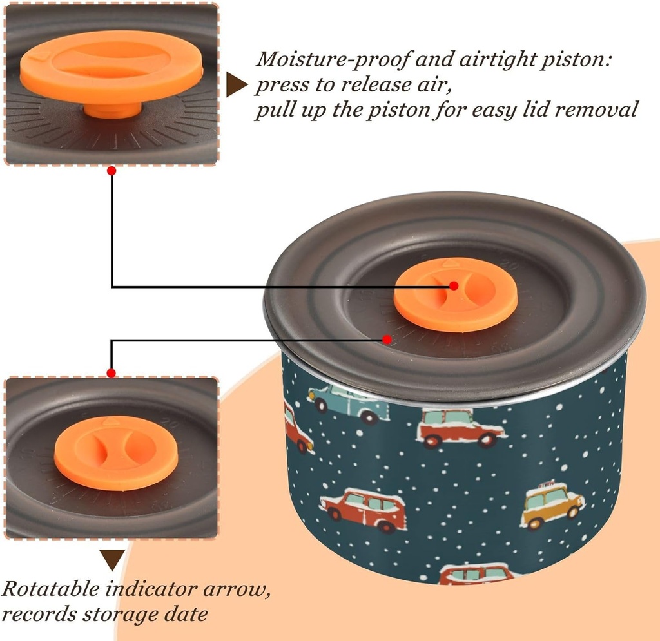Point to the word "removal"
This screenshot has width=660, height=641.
pyautogui.click(x=597, y=110)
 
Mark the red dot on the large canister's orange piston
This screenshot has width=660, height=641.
pyautogui.click(x=454, y=285)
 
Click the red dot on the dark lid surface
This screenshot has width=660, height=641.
pyautogui.click(x=387, y=339)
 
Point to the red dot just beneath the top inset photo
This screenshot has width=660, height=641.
pyautogui.click(x=112, y=171)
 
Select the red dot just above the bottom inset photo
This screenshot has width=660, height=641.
pyautogui.click(x=112, y=372)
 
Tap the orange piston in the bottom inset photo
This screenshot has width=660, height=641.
pyautogui.click(x=116, y=452)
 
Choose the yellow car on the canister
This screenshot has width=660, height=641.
pyautogui.click(x=552, y=505)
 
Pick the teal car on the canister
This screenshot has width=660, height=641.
pyautogui.click(x=348, y=401)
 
